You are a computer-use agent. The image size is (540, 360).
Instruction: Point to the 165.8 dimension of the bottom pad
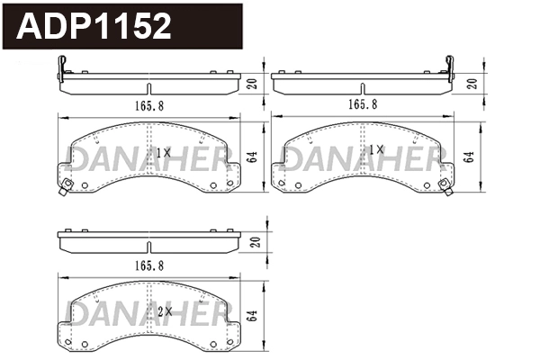148,266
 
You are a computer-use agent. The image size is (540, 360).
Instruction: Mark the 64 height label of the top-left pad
255,157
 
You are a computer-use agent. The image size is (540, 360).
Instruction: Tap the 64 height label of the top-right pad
469,157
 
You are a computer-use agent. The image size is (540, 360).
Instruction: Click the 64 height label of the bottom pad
255,316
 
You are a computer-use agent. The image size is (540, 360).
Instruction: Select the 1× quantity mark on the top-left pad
163,152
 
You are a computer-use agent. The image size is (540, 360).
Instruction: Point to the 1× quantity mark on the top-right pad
376,152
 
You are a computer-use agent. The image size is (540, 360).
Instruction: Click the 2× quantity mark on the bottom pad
163,310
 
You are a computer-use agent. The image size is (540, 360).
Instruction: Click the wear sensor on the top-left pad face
65,188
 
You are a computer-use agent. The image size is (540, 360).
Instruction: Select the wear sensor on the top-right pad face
444,186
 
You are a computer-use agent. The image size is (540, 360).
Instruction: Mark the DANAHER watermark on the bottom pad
149,313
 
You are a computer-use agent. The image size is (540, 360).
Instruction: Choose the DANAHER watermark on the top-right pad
363,157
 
